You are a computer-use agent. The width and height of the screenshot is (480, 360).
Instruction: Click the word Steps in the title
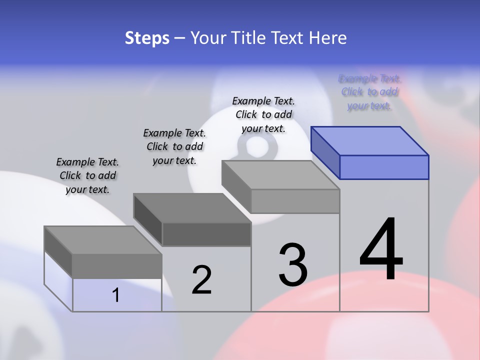(146, 38)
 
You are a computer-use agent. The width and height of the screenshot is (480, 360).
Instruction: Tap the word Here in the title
(328, 38)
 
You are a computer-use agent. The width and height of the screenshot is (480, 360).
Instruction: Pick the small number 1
(116, 295)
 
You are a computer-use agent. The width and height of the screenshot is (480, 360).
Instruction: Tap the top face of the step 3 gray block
(280, 175)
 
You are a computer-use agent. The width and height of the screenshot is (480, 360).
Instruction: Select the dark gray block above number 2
(192, 220)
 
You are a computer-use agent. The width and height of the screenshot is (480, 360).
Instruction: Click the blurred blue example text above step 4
(369, 92)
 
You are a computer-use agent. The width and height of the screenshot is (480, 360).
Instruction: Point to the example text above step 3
(263, 114)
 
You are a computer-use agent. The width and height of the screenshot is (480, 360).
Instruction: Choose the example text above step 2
(174, 146)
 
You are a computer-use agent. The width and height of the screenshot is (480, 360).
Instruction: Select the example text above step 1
(87, 175)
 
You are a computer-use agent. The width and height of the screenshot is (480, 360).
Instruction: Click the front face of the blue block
(384, 167)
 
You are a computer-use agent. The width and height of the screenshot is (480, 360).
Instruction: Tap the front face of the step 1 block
(117, 266)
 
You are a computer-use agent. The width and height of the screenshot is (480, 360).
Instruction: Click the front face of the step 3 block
(295, 201)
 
